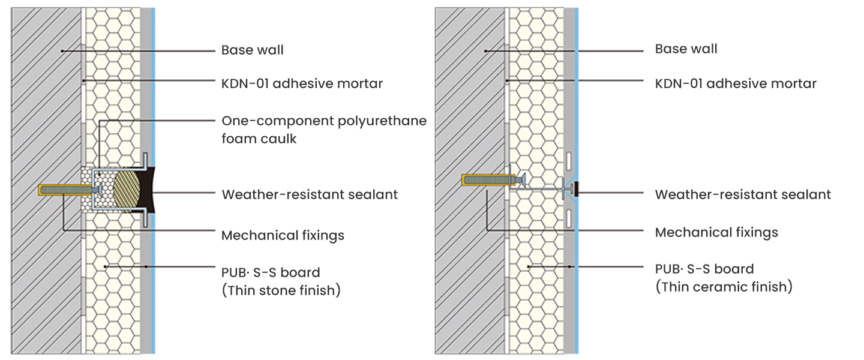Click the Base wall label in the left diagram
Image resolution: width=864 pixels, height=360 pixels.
pyautogui.click(x=253, y=50)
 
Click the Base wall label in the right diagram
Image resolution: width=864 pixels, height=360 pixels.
pyautogui.click(x=686, y=49)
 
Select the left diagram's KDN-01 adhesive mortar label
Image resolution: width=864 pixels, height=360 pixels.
pyautogui.click(x=302, y=83)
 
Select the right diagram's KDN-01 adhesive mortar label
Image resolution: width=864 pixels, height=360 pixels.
pyautogui.click(x=736, y=83)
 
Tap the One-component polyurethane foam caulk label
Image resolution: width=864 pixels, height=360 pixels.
pyautogui.click(x=324, y=129)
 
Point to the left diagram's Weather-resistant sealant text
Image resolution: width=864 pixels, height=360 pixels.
pyautogui.click(x=310, y=194)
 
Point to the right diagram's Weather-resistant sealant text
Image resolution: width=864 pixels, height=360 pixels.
pyautogui.click(x=743, y=194)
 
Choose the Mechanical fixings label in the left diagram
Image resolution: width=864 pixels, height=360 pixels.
pyautogui.click(x=283, y=235)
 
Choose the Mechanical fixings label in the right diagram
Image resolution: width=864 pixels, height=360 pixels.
pyautogui.click(x=716, y=232)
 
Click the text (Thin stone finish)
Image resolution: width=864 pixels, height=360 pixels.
pyautogui.click(x=281, y=291)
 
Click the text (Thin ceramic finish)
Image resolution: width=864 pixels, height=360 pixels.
pyautogui.click(x=724, y=287)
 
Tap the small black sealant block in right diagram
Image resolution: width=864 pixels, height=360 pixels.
pyautogui.click(x=575, y=190)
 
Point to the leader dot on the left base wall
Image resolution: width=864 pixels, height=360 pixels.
pyautogui.click(x=61, y=50)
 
